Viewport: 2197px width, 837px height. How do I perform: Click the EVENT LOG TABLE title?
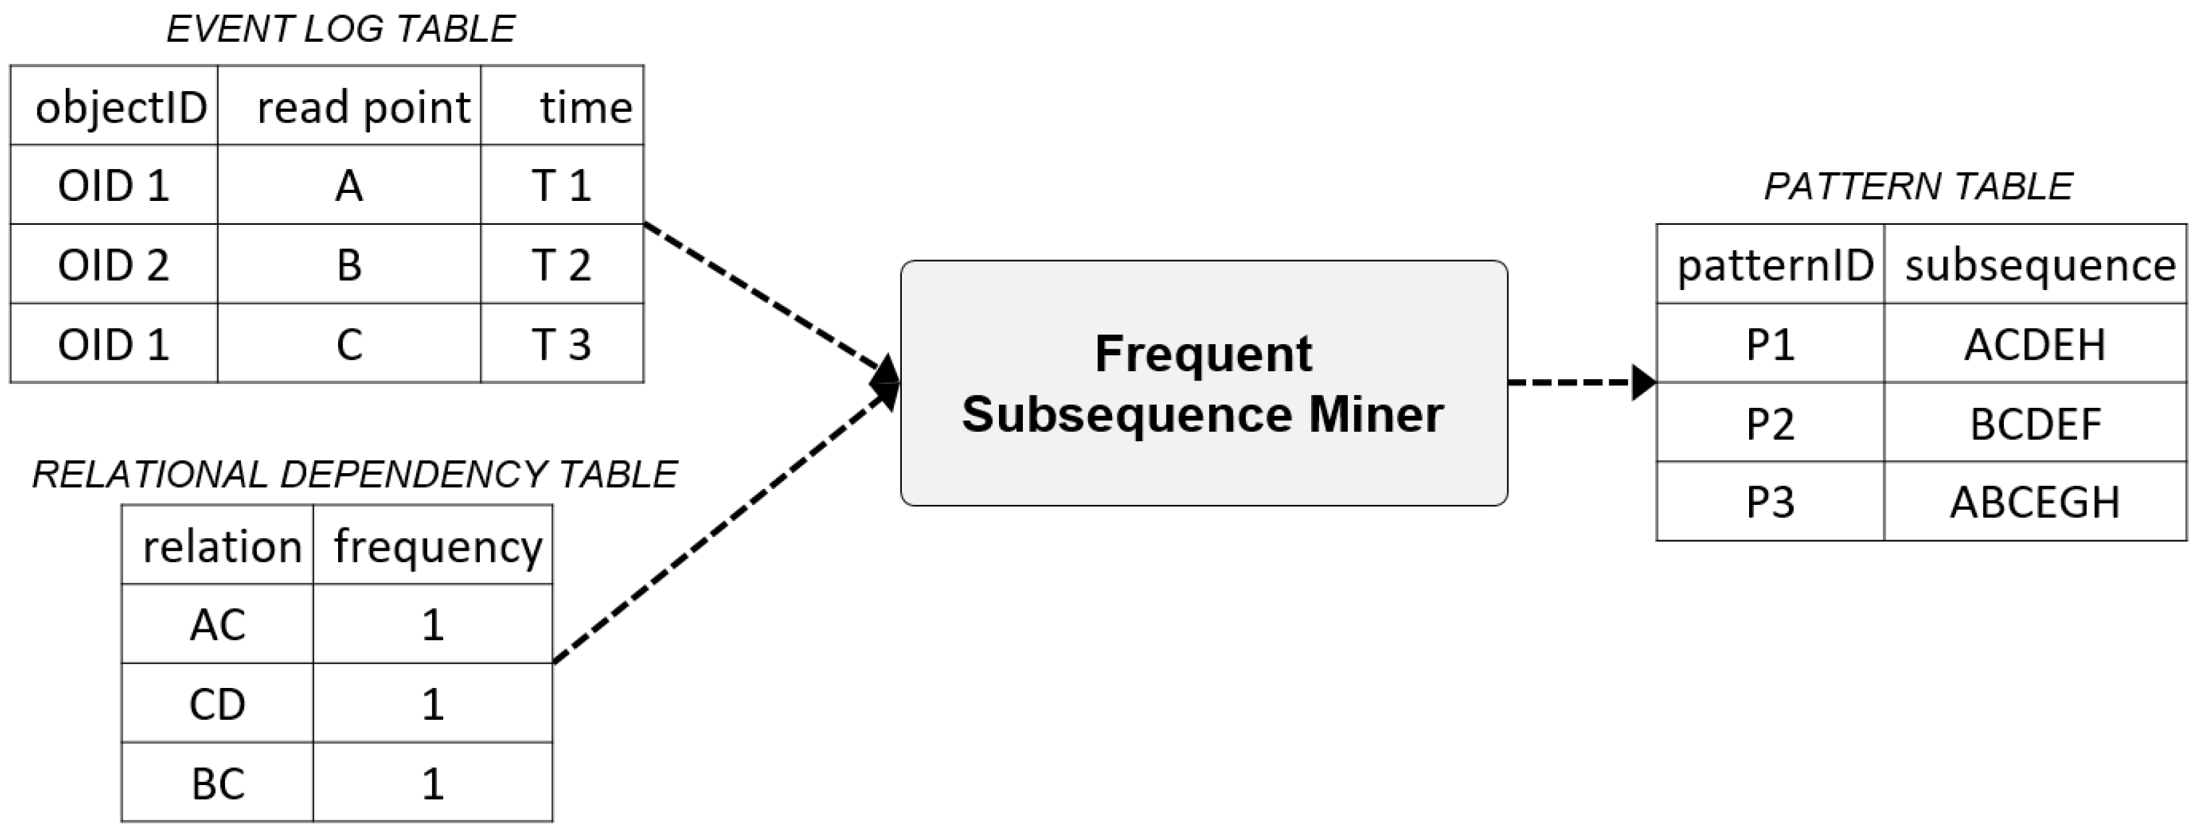point(340,30)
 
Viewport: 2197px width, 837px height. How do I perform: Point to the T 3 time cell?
point(561,343)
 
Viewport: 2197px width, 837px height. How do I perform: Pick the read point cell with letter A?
point(349,185)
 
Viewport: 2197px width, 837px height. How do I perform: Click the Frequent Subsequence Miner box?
point(1203,383)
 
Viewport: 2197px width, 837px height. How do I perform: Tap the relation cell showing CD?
point(218,704)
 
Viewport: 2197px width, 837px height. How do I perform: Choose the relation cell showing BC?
point(218,783)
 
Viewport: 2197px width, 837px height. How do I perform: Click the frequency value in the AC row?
point(433,625)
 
